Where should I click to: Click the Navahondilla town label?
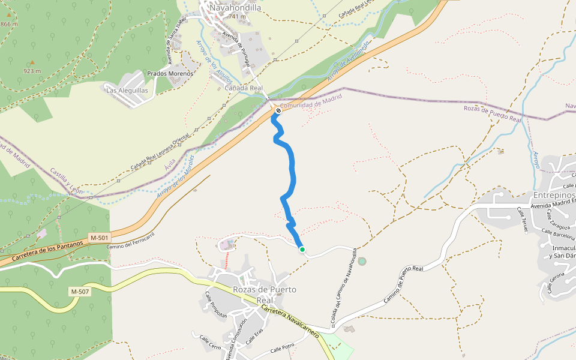235,8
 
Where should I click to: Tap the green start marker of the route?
302,250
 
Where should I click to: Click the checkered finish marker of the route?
278,110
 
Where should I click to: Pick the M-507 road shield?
80,292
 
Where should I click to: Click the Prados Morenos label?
170,74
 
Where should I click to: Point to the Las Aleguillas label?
127,90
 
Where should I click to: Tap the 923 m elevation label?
32,71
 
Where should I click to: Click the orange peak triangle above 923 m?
32,62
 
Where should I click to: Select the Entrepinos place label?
554,196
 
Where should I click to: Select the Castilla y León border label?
66,181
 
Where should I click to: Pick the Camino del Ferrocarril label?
131,241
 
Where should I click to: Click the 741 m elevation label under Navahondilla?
237,17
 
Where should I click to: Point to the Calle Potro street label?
282,348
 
